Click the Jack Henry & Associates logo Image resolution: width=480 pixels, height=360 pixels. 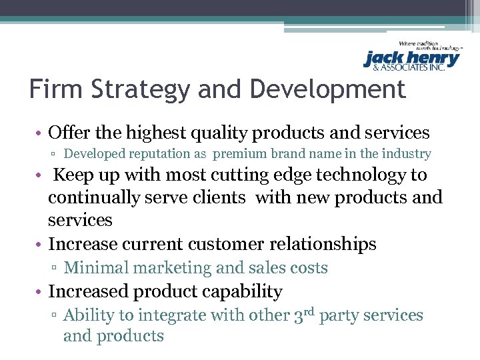point(412,57)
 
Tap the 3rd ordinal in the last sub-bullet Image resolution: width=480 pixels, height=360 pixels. point(304,314)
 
